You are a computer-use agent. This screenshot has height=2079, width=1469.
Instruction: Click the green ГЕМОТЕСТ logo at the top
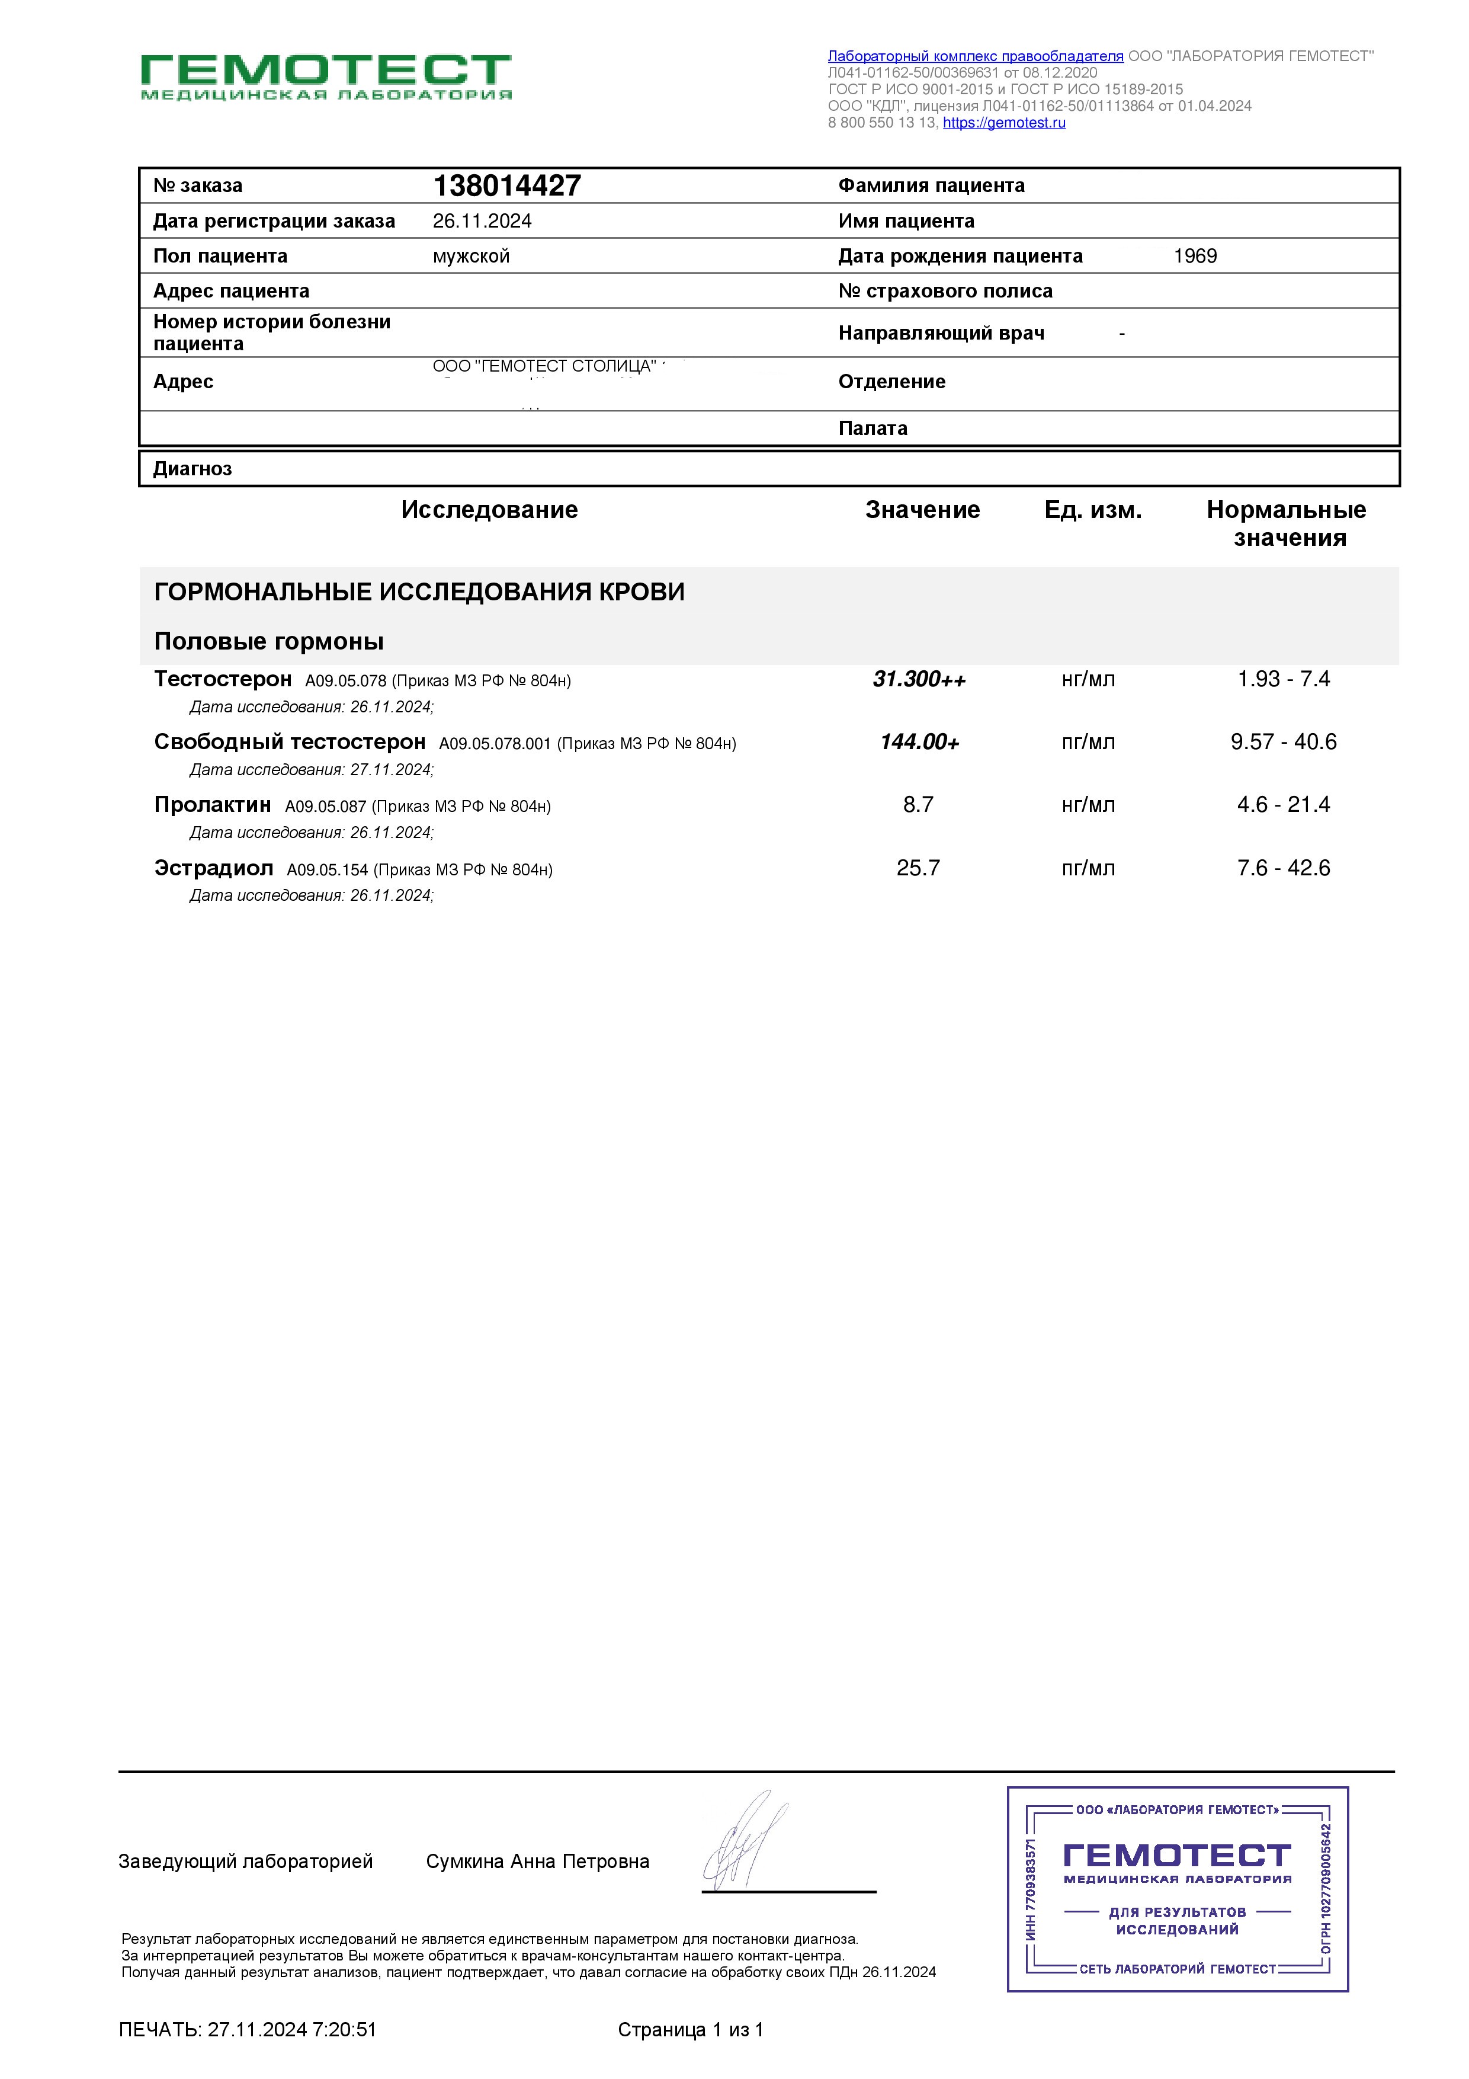coord(326,76)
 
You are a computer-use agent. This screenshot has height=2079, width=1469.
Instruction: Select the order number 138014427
coord(507,185)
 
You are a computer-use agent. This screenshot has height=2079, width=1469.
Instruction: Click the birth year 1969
coord(1195,256)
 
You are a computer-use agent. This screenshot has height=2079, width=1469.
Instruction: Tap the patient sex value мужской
coord(471,256)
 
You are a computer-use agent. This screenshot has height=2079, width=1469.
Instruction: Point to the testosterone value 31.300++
coord(919,679)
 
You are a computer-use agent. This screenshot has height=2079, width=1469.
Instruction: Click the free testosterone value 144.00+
coord(919,743)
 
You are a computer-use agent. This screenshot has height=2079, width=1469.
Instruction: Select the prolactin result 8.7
coord(918,805)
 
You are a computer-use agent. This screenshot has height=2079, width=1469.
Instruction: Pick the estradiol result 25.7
coord(918,868)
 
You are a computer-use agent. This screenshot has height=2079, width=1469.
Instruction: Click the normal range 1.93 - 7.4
coord(1284,679)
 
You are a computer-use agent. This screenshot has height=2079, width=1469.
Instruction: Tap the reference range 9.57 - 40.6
coord(1284,743)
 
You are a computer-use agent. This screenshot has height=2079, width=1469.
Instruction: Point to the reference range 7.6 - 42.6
coord(1284,868)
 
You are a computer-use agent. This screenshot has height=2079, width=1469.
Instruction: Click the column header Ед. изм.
coord(1092,511)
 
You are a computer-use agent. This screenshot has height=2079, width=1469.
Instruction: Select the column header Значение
coord(922,511)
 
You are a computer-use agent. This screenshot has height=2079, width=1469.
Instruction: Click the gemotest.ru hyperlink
coord(1004,123)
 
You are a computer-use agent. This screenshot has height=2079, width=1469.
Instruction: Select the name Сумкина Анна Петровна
coord(538,1861)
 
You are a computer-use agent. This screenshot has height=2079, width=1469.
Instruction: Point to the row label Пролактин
coord(213,805)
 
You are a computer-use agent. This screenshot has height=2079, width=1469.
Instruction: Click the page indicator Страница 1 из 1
coord(691,2030)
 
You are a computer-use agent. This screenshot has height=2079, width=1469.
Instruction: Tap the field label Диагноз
coord(192,469)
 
